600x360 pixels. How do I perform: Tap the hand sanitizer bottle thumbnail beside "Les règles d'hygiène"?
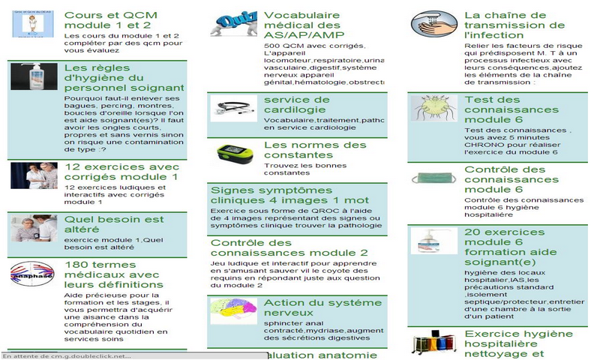coord(34,76)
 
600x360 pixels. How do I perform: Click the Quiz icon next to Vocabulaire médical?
coord(234,23)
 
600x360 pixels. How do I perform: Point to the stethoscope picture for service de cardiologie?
coord(234,108)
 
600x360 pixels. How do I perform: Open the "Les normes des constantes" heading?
coord(315,150)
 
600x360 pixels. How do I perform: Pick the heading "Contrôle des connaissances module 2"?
coord(289,248)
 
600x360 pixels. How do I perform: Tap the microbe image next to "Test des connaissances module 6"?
coord(433,108)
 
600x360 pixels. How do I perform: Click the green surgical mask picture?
coord(433,178)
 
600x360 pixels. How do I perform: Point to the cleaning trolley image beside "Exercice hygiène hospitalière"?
coord(433,342)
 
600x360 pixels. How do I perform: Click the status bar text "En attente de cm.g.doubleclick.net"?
coord(68,355)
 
